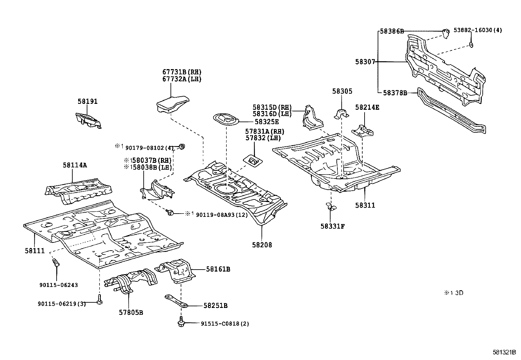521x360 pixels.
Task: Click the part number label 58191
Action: coord(87,102)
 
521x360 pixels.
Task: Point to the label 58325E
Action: coord(266,122)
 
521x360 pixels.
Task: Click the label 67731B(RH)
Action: coord(182,72)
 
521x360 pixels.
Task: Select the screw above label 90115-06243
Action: coord(56,263)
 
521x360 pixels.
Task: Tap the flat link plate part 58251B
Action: coord(176,301)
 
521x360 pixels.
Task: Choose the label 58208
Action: coord(262,245)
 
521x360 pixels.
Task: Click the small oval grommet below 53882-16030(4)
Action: coord(471,44)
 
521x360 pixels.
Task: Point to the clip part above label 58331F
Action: coord(331,206)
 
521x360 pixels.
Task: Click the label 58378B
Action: coord(395,93)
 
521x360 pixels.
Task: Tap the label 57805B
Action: coord(131,313)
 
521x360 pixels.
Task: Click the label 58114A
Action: coord(75,165)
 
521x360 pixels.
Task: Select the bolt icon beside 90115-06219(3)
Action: coord(99,300)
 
